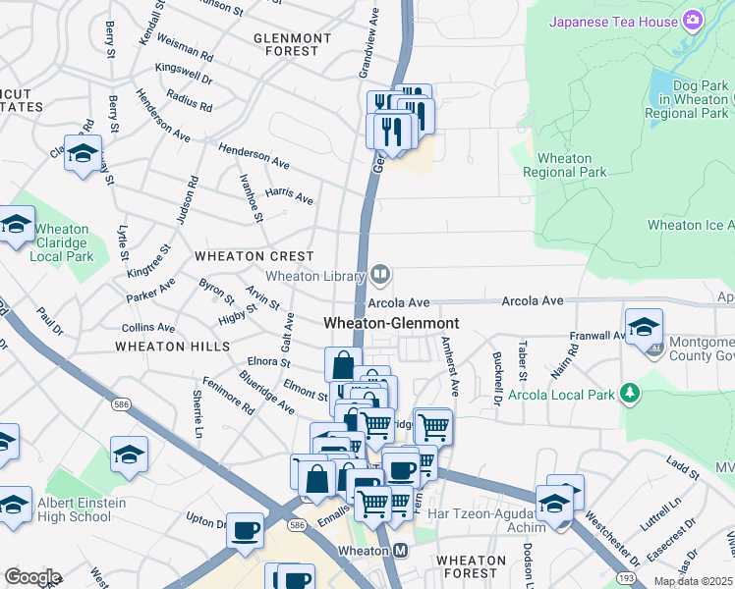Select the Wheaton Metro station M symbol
point(400,551)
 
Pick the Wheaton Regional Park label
point(564,165)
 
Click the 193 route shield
point(625,581)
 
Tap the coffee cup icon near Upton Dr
point(245,530)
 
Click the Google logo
point(31,577)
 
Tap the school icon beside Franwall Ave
point(644,327)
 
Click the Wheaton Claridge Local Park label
point(62,242)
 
